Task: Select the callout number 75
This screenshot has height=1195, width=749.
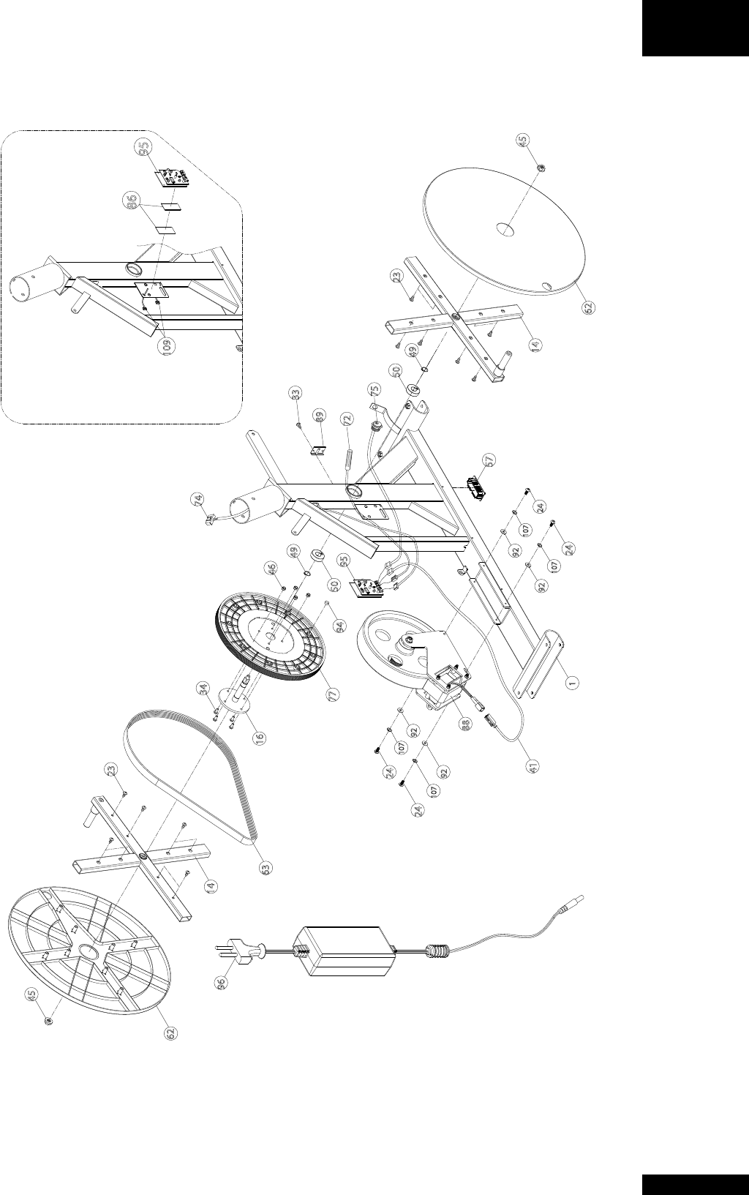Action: click(374, 389)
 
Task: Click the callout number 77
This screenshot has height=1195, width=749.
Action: click(333, 692)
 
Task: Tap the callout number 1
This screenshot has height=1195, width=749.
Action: click(574, 681)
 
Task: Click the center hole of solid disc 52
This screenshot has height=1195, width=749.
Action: click(505, 230)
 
